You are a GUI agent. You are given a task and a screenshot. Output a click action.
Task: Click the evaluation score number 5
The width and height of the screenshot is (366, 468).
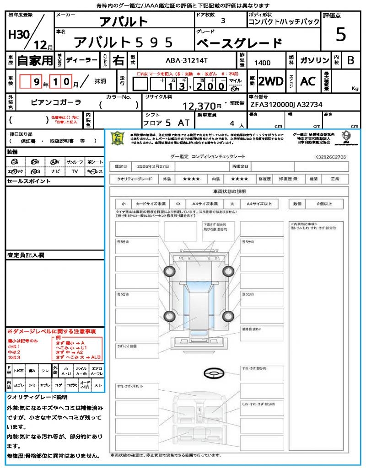coord(341,34)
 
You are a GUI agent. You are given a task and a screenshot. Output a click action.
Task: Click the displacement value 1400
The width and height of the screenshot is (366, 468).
coord(262,63)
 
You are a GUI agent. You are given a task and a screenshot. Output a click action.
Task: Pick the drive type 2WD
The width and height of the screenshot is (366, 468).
coord(271,81)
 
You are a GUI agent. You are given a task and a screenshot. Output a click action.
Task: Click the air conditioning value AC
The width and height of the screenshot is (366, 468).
coord(308,81)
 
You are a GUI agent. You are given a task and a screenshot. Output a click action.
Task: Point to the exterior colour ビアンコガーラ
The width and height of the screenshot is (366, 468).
coord(56,102)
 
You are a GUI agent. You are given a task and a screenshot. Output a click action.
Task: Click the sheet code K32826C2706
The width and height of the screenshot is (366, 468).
coord(330,156)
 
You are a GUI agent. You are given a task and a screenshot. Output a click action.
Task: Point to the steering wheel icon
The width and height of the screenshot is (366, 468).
coord(213,373)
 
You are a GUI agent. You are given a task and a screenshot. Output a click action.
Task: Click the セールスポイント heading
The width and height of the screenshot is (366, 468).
coord(22,181)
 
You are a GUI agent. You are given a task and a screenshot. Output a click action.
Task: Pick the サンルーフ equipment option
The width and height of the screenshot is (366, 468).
coord(75,162)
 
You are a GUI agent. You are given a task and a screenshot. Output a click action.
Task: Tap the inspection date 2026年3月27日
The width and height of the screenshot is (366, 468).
coord(155,166)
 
